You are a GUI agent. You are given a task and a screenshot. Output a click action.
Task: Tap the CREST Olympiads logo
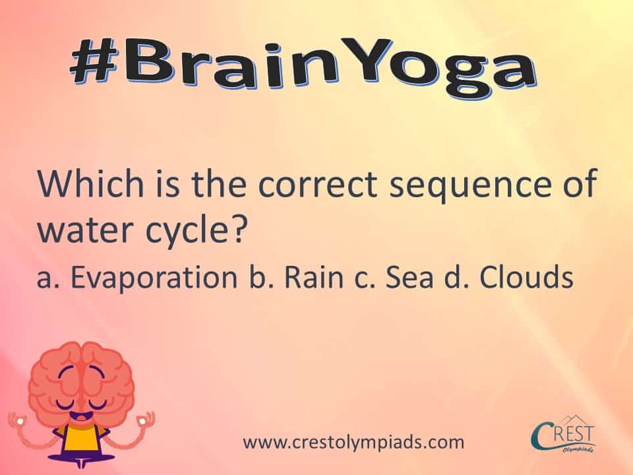[563, 435]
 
